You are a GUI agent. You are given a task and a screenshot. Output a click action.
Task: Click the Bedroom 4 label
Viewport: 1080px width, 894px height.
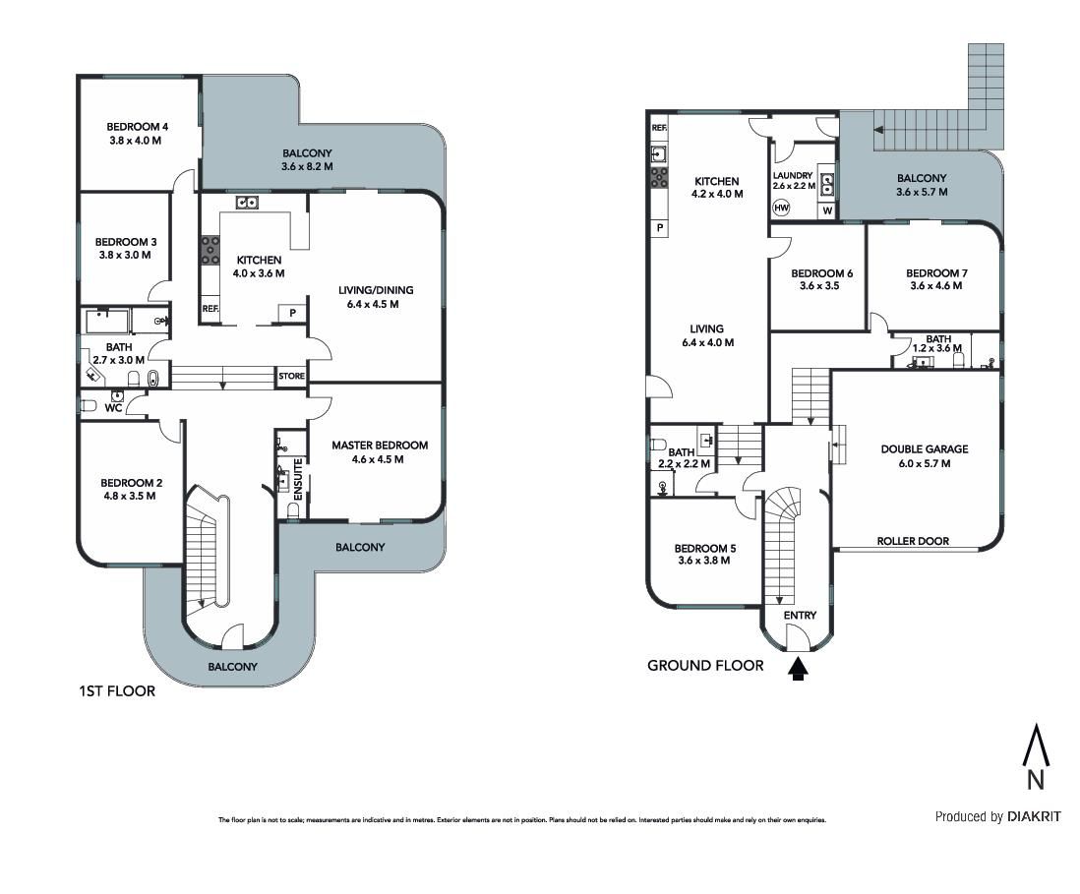coord(137,127)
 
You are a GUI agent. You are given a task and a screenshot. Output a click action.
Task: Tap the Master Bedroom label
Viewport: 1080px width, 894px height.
coord(380,446)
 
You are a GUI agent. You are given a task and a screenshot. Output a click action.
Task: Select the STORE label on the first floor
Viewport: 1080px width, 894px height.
coord(291,376)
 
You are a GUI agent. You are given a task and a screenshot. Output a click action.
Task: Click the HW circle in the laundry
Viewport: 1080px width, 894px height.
coord(782,208)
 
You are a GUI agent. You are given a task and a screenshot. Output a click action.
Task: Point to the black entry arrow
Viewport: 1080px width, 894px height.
coord(798,670)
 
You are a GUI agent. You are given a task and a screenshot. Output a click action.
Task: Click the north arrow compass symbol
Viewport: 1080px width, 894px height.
coord(1036,755)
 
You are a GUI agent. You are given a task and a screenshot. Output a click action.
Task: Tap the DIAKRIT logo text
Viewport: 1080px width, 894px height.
coord(1034,817)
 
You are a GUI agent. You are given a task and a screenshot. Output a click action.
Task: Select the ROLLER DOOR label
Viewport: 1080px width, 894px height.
coord(913,541)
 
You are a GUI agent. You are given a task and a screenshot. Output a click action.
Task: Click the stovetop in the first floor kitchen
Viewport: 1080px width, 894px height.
coord(210,250)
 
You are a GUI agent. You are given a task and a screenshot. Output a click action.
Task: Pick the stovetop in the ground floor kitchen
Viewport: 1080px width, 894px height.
coord(659,177)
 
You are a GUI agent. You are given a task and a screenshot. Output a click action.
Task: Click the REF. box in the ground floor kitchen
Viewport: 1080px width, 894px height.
coord(659,128)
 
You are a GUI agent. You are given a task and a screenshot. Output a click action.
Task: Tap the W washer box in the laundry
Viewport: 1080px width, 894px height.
coord(827,210)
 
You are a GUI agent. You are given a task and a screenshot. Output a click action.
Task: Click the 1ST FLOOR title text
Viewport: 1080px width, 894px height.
coord(117,690)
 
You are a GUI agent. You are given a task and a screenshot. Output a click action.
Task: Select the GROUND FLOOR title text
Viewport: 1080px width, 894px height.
coord(705,665)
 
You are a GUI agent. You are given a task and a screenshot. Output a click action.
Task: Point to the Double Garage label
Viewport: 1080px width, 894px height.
coord(925,449)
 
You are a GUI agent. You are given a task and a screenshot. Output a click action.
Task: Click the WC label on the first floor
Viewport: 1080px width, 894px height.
coord(113,408)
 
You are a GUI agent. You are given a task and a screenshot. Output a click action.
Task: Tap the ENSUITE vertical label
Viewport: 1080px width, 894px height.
coord(298,479)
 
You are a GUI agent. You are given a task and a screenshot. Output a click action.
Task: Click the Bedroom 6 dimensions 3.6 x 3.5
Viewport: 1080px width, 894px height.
coord(819,286)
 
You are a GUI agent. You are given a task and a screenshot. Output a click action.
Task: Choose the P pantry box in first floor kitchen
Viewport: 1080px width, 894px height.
coord(293,314)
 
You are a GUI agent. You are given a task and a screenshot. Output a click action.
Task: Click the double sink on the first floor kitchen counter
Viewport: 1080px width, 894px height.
coord(247,202)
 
